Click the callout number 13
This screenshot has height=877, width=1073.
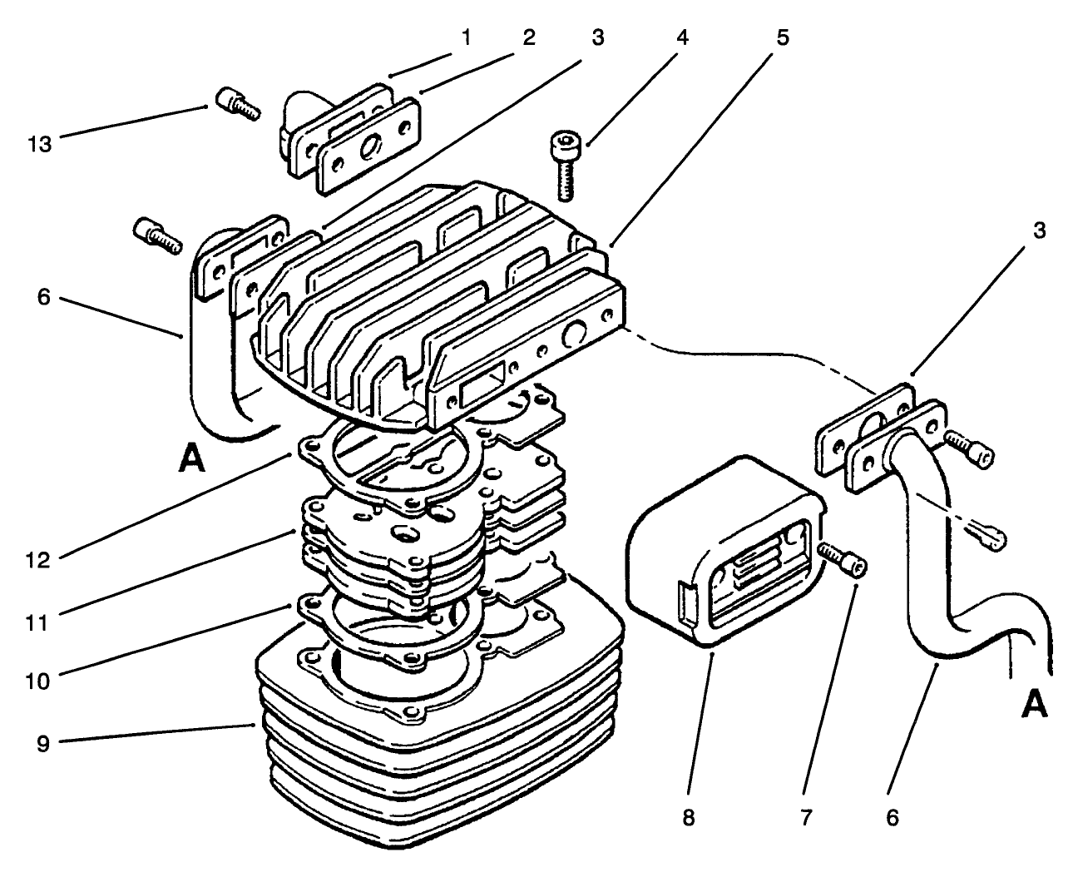pyautogui.click(x=39, y=144)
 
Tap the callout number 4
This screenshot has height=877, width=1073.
pyautogui.click(x=681, y=37)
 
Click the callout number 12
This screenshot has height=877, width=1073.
pyautogui.click(x=39, y=561)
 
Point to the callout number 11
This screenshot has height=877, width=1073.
pyautogui.click(x=39, y=621)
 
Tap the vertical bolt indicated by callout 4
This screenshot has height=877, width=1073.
pyautogui.click(x=565, y=165)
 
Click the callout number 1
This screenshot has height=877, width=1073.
pyautogui.click(x=467, y=37)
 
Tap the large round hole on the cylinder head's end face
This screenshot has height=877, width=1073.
pyautogui.click(x=575, y=335)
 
